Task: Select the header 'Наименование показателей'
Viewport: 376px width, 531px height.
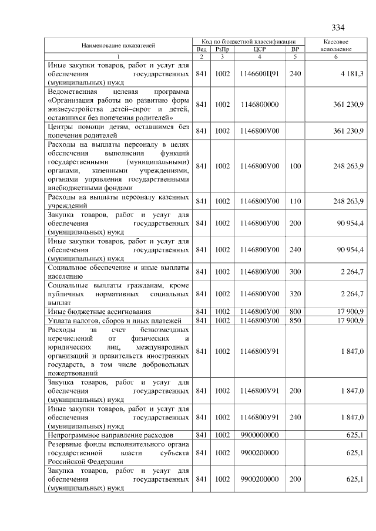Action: [x=118, y=45]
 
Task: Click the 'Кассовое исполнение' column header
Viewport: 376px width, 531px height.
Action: [x=337, y=46]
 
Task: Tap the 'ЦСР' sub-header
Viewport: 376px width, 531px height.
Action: [x=259, y=49]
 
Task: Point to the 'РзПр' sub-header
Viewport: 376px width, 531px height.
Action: [x=222, y=49]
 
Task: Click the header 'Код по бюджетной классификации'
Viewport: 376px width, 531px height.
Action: [x=250, y=42]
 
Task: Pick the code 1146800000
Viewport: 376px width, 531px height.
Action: [x=259, y=104]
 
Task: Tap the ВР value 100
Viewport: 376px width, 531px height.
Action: [x=295, y=166]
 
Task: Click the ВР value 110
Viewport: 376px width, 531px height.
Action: [x=295, y=201]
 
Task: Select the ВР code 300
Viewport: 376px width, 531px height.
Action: [x=295, y=272]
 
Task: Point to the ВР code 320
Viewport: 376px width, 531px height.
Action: [x=295, y=293]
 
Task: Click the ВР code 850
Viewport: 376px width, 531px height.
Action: [x=295, y=320]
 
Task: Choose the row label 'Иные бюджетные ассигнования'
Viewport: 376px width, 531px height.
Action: [x=99, y=311]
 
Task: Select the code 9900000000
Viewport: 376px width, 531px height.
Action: [x=259, y=435]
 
